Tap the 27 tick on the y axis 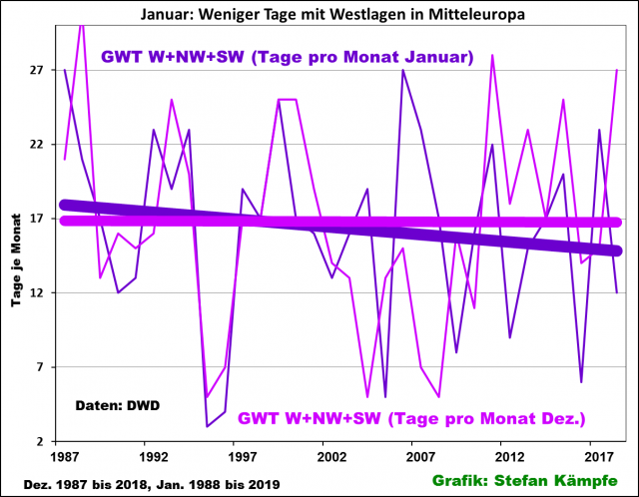click(37, 70)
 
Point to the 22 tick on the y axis click(37, 144)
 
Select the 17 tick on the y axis click(37, 219)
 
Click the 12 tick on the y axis click(37, 292)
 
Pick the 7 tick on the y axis click(41, 367)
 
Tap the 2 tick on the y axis click(41, 441)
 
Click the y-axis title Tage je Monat click(16, 255)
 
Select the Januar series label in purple click(287, 57)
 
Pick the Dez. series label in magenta click(411, 417)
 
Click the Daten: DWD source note click(118, 406)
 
